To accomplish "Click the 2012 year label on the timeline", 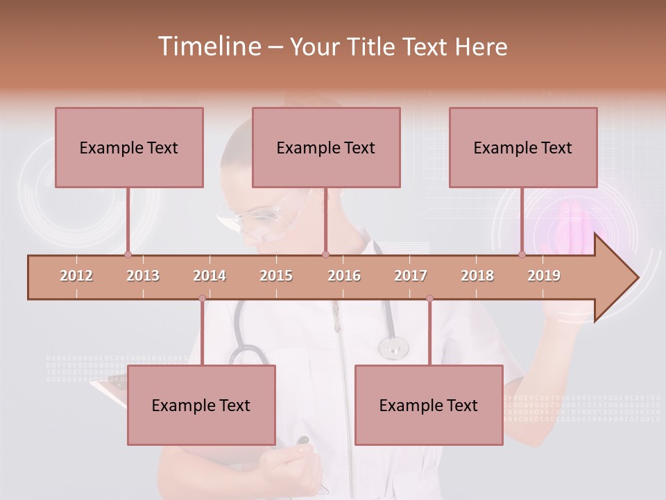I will [76, 276].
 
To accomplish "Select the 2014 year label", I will [210, 276].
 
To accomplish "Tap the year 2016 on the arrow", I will [344, 276].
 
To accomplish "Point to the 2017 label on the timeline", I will [411, 276].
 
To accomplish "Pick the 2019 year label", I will [544, 276].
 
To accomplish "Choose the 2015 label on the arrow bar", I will [276, 276].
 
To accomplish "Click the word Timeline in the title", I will [208, 47].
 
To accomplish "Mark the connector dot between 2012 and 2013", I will [128, 255].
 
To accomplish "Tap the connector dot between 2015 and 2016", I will [325, 255].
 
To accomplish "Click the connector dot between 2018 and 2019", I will [522, 255].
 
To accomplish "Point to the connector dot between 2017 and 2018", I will [429, 299].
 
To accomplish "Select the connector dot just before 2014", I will [202, 299].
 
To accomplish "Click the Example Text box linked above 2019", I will [523, 147].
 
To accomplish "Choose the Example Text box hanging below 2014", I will [201, 405].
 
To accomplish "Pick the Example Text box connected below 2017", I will [429, 405].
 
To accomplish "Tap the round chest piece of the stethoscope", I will [393, 347].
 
